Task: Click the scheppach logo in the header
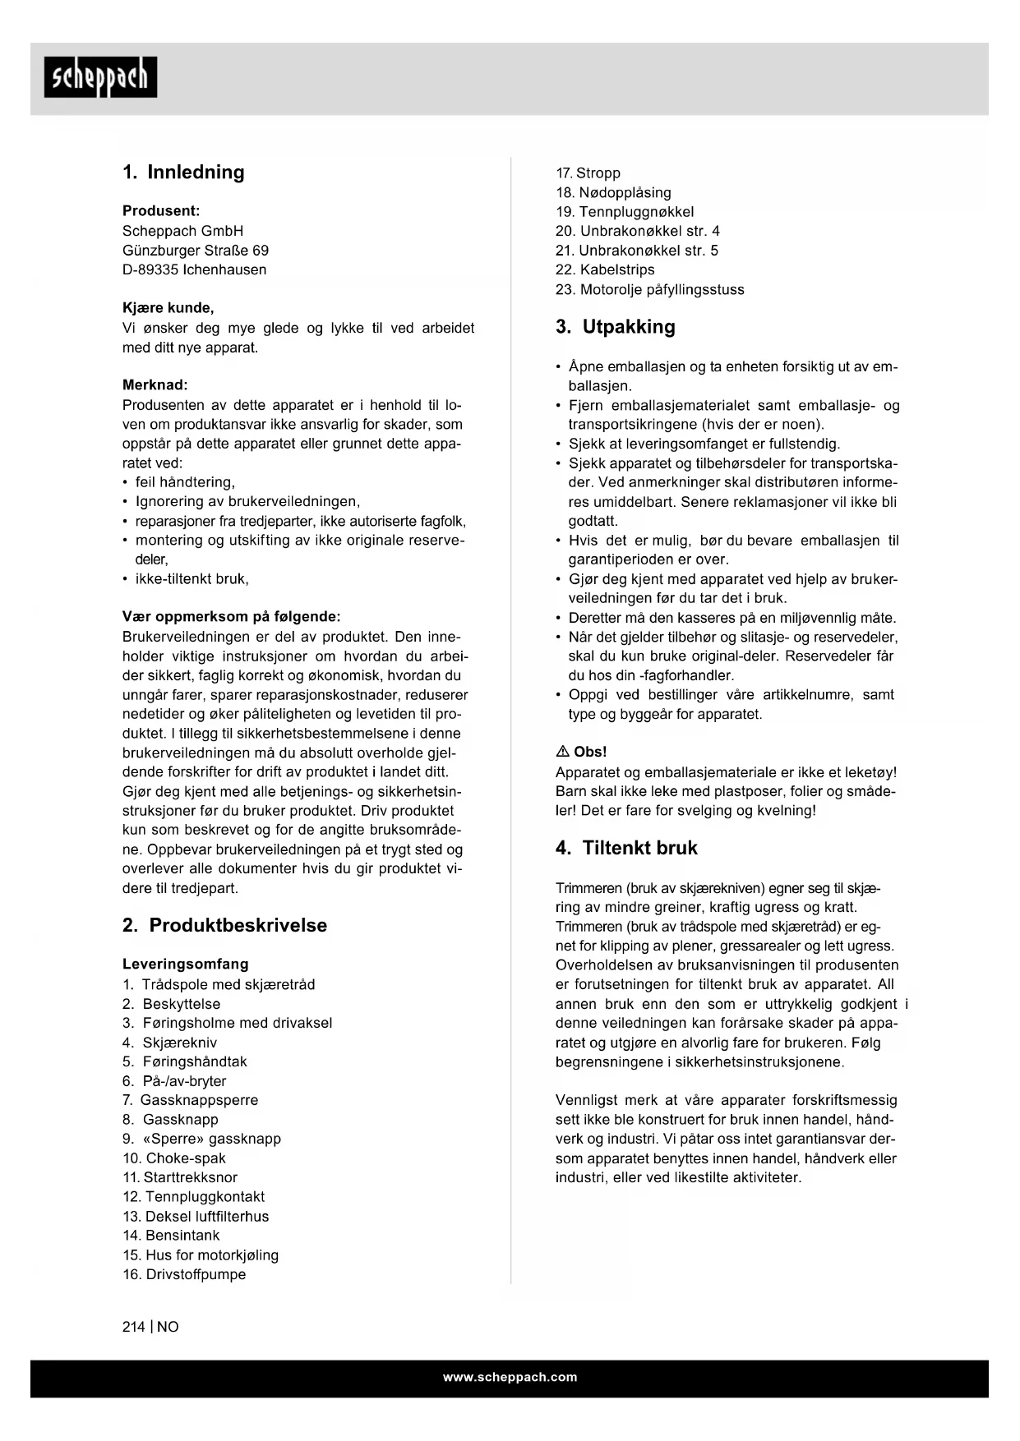100,77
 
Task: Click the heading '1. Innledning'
183,173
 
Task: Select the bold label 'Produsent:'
161,211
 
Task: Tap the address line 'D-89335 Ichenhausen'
194,269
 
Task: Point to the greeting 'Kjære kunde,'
168,308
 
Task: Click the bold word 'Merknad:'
155,384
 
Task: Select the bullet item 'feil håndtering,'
184,482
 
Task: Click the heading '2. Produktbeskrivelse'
224,925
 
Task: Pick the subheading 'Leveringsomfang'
185,964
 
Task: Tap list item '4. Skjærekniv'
170,1043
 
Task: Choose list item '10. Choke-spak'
174,1158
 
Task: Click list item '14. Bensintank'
171,1236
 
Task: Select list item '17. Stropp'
588,173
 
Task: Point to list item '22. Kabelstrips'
605,269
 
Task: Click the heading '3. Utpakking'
615,327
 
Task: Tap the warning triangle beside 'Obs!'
562,752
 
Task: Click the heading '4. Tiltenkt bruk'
626,848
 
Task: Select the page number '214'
133,1327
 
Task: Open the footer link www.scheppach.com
510,1378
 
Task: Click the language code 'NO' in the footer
168,1327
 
